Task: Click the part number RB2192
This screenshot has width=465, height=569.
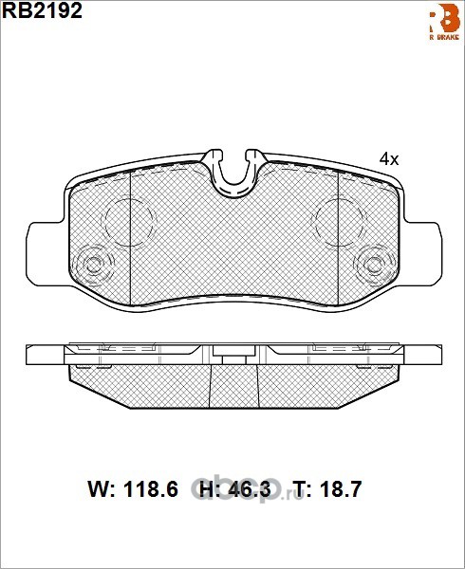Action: click(x=43, y=10)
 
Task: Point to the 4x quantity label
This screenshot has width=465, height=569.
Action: click(x=389, y=159)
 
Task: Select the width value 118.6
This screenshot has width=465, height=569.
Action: click(x=151, y=489)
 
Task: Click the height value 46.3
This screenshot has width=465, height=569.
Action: click(x=249, y=489)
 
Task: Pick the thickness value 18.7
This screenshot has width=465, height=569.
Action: click(x=340, y=489)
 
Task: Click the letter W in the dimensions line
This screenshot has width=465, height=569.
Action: click(x=99, y=489)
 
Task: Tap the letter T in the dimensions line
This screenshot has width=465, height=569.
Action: click(x=300, y=489)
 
